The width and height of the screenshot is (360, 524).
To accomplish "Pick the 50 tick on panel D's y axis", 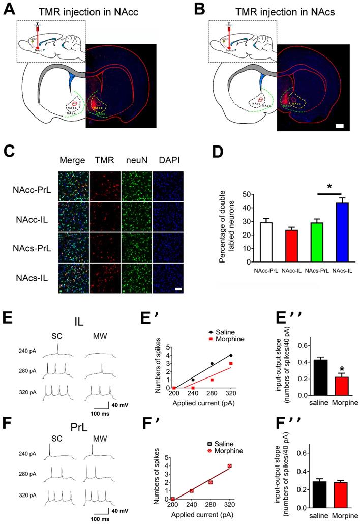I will (235, 194).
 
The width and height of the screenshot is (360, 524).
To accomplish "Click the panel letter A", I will (10, 9).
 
